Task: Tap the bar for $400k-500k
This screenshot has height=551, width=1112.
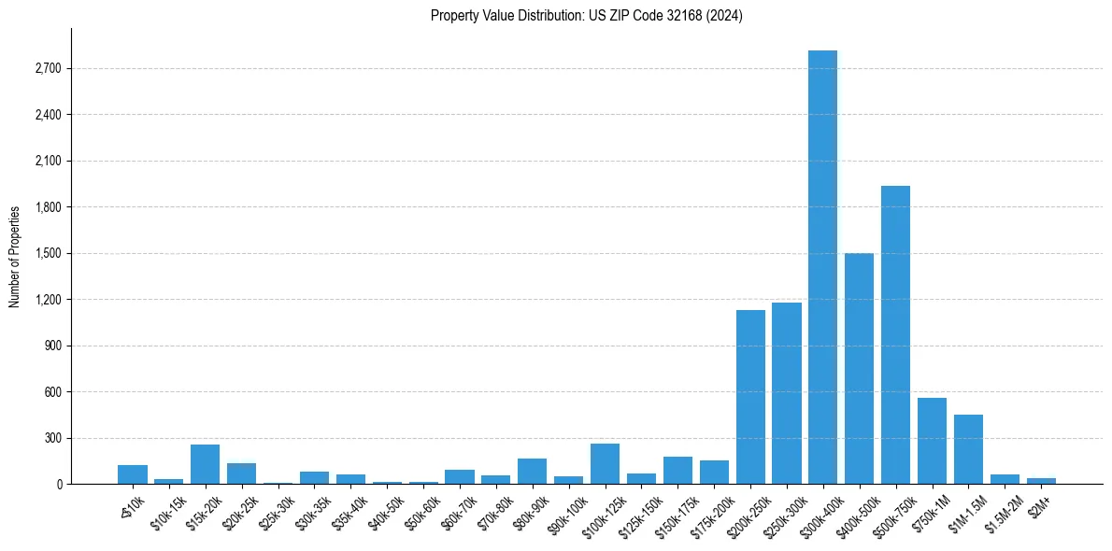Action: point(859,368)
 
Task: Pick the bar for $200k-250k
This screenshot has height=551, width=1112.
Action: point(750,397)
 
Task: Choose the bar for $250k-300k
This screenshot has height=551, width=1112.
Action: point(787,393)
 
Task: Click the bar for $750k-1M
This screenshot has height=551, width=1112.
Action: point(932,441)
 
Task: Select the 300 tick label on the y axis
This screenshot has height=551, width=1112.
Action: point(52,438)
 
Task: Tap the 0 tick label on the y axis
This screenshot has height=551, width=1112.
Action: point(58,485)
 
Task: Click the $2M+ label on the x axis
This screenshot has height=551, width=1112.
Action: point(1039,502)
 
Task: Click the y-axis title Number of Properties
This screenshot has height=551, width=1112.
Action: point(15,257)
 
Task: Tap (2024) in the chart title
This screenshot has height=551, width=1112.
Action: point(725,16)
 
